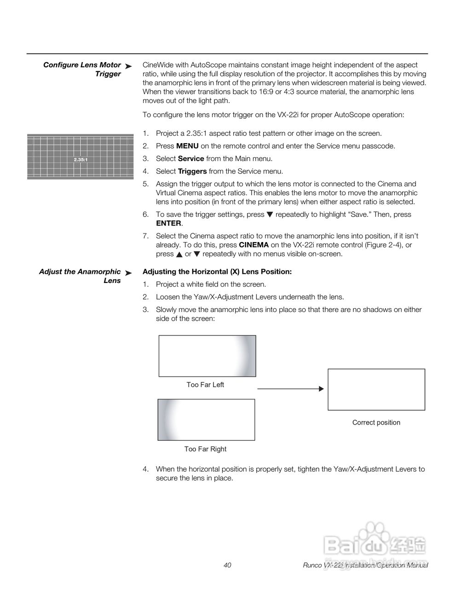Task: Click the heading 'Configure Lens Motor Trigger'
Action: [82, 69]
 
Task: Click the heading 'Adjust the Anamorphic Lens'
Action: [80, 276]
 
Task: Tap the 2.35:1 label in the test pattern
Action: [81, 159]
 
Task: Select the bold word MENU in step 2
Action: [187, 146]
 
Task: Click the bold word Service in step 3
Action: [191, 158]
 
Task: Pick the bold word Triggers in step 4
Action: [192, 171]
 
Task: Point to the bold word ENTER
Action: [168, 223]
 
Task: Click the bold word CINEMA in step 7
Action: [253, 245]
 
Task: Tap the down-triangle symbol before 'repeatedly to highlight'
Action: [270, 214]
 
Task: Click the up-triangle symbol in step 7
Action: [178, 254]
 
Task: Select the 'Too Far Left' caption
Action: [205, 385]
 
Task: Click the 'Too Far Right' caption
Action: [205, 449]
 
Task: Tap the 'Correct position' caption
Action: [376, 422]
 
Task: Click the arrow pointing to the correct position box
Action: [290, 389]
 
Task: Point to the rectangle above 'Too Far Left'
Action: [207, 356]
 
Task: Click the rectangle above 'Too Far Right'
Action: [206, 420]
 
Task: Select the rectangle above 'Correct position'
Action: [376, 389]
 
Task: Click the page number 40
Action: [227, 565]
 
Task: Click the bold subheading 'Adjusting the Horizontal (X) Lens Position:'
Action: [217, 271]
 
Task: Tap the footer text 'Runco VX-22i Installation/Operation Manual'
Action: [365, 565]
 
